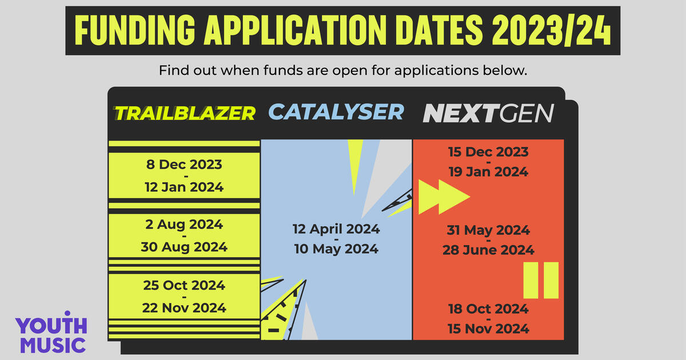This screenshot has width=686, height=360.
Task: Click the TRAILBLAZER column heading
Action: (x=185, y=113)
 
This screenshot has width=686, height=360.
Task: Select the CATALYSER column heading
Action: (x=336, y=111)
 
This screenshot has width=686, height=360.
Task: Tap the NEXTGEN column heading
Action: (x=488, y=113)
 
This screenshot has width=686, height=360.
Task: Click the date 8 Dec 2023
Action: (x=184, y=165)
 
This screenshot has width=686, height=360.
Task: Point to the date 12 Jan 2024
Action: (x=184, y=187)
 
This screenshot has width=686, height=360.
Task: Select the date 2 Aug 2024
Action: (x=184, y=225)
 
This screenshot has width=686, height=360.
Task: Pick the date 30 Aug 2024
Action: (x=184, y=247)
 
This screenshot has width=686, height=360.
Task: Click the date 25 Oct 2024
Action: (x=184, y=285)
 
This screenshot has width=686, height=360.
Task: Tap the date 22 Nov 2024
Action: (x=184, y=308)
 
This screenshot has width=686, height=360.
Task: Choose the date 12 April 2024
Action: (x=336, y=229)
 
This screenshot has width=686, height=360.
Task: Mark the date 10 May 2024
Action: (x=336, y=249)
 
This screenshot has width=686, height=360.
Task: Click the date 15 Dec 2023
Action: (x=488, y=152)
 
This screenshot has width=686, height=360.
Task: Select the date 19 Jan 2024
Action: (x=488, y=172)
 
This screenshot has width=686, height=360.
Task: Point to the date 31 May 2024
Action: (x=488, y=230)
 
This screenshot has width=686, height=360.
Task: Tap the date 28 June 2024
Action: (x=488, y=250)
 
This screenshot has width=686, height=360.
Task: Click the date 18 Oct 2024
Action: (x=488, y=309)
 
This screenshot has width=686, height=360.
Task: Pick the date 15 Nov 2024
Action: (x=488, y=329)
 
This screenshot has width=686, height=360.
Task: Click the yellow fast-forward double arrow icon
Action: (x=444, y=197)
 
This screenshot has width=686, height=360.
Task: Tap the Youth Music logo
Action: (x=51, y=332)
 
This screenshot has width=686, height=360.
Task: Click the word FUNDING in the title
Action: (x=135, y=30)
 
